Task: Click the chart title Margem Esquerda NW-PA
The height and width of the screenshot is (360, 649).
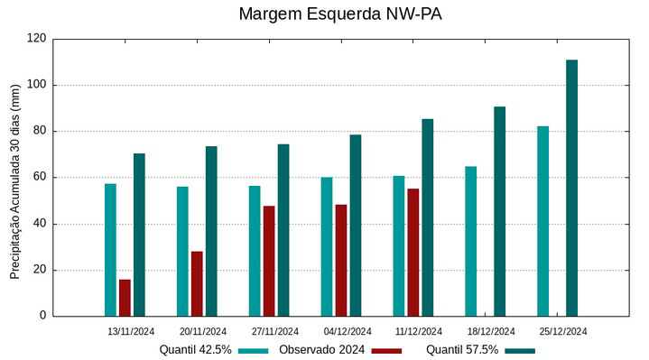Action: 340,14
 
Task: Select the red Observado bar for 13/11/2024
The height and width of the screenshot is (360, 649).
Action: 125,298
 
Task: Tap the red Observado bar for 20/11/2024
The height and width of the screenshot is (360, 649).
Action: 197,283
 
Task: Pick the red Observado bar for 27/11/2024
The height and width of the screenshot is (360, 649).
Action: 269,261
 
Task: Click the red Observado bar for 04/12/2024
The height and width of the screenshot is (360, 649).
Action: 341,260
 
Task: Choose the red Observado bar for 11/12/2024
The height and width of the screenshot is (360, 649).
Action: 413,252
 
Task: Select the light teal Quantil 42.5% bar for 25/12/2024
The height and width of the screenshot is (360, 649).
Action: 542,221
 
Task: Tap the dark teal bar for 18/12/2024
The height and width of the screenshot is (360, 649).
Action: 499,211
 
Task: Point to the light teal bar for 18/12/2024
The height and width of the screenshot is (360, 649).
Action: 470,241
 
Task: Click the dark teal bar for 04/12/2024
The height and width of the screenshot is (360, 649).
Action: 356,225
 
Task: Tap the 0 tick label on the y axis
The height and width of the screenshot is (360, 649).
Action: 42,316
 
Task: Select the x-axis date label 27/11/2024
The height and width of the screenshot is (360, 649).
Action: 275,331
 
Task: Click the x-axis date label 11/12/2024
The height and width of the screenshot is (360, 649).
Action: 420,331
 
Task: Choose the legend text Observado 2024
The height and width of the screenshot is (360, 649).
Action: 320,350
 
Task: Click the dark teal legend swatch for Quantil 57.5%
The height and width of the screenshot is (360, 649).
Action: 520,350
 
